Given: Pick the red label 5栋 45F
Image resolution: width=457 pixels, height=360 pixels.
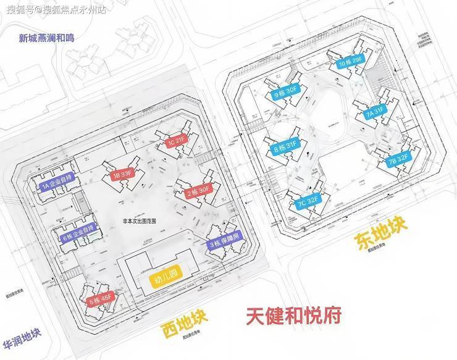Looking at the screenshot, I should [x=101, y=300].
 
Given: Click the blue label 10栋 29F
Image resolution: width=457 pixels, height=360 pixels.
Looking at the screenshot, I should [x=350, y=63].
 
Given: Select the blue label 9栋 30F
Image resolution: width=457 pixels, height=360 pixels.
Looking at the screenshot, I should [x=287, y=95].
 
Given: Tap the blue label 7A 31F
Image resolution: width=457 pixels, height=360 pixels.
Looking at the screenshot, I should [x=375, y=113].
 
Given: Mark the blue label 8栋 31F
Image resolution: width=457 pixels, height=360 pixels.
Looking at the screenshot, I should [x=285, y=149].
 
